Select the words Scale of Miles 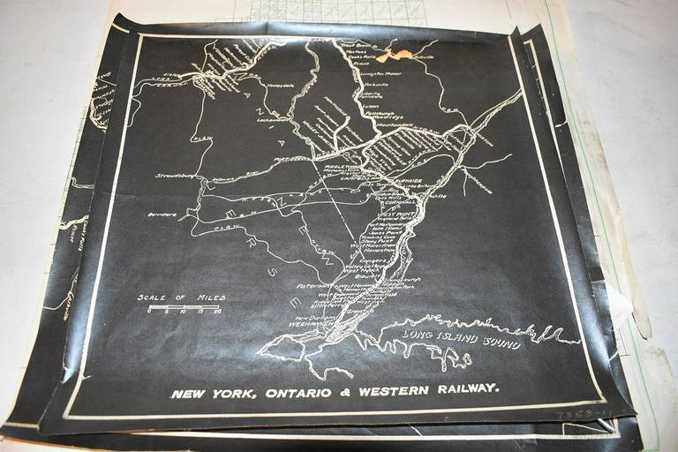[179, 298]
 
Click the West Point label [388, 215]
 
